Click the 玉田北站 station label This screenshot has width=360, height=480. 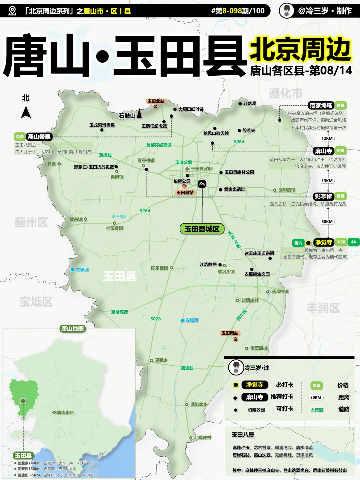coord(156,101)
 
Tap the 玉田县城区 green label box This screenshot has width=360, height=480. coord(202,229)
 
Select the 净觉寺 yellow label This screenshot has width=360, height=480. coord(323,242)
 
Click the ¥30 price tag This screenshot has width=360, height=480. coord(341,242)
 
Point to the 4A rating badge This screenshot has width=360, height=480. coord(353,242)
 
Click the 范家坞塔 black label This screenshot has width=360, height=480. coord(321,105)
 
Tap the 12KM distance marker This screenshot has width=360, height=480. coord(327,138)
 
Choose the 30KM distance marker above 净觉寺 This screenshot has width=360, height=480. coord(327,222)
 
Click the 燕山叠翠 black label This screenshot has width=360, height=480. coord(39,137)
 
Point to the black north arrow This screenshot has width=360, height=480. coord(26,112)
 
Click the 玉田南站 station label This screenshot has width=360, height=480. coord(230,333)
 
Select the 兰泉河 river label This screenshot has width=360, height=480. coord(82,270)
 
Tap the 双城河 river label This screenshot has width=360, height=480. coord(192,320)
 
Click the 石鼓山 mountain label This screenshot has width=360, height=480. coord(127,116)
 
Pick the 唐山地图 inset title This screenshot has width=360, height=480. coord(72,329)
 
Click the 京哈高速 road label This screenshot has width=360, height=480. coord(120,312)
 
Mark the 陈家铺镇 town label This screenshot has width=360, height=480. coord(160,268)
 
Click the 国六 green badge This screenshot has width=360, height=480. coord(298,243)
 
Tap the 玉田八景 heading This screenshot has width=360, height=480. coord(243,435)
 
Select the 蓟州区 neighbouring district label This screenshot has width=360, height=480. coord(31,222)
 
